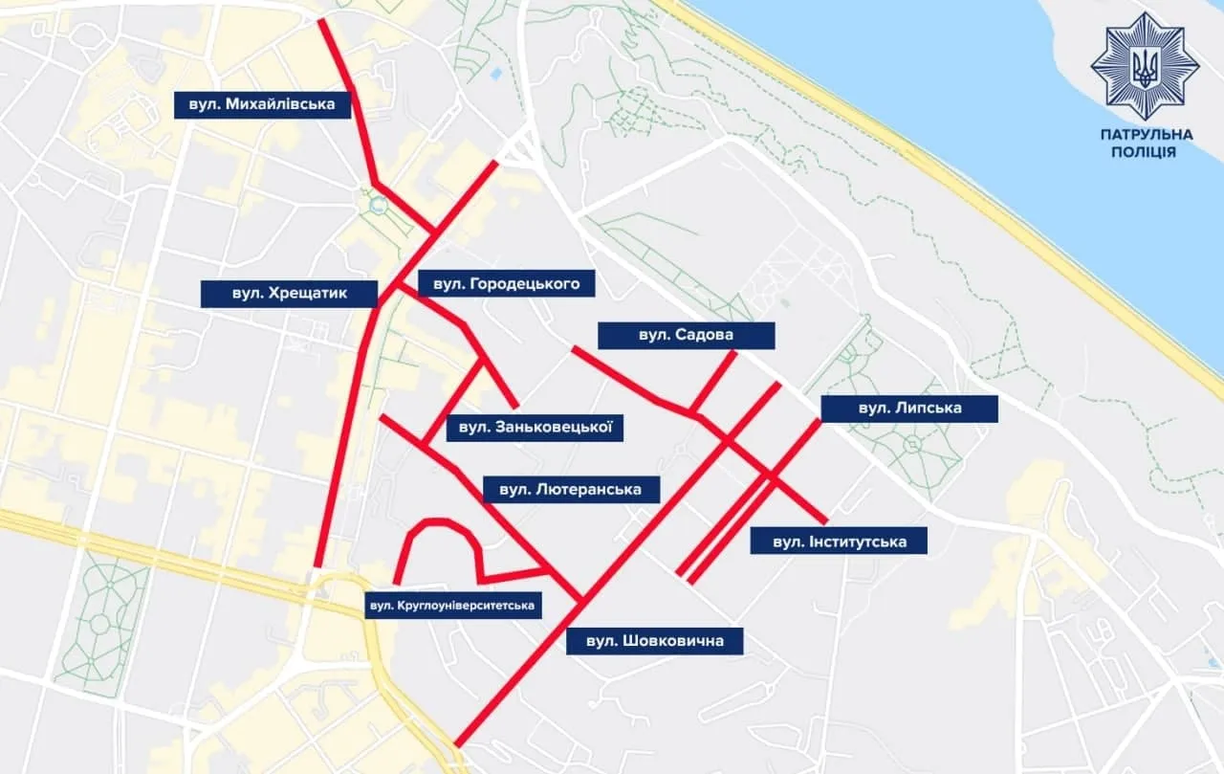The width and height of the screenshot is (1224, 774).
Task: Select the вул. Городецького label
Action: point(507,284)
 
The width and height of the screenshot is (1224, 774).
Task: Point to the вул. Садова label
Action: point(686,336)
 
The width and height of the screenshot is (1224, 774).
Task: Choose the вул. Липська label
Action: point(909,409)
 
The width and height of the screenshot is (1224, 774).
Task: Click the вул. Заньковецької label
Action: point(535,427)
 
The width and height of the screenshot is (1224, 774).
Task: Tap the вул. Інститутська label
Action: point(840,542)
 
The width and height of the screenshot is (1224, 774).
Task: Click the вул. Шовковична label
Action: point(654,641)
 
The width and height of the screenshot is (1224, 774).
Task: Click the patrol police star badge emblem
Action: point(1144,66)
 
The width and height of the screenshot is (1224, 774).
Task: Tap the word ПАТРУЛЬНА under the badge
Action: point(1145,135)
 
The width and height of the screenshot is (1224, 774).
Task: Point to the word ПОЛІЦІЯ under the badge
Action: point(1145,153)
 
